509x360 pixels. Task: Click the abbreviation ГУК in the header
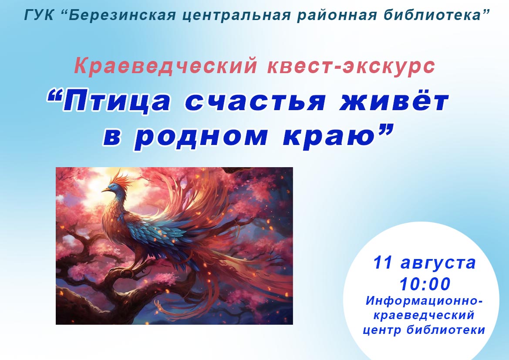[x=39, y=15]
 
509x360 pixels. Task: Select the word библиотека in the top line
[x=432, y=15]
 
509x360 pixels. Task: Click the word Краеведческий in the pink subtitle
[x=166, y=66]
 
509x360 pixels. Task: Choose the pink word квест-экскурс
[x=351, y=66]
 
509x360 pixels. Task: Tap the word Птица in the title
[x=116, y=101]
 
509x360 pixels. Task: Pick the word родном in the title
[x=201, y=136]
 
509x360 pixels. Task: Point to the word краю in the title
[x=328, y=136]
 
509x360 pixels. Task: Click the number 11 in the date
[x=383, y=262]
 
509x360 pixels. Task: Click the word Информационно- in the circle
[x=424, y=301]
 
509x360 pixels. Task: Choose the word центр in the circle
[x=382, y=330]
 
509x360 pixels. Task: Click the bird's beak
[x=106, y=189]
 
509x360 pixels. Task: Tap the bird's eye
[x=113, y=186]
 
